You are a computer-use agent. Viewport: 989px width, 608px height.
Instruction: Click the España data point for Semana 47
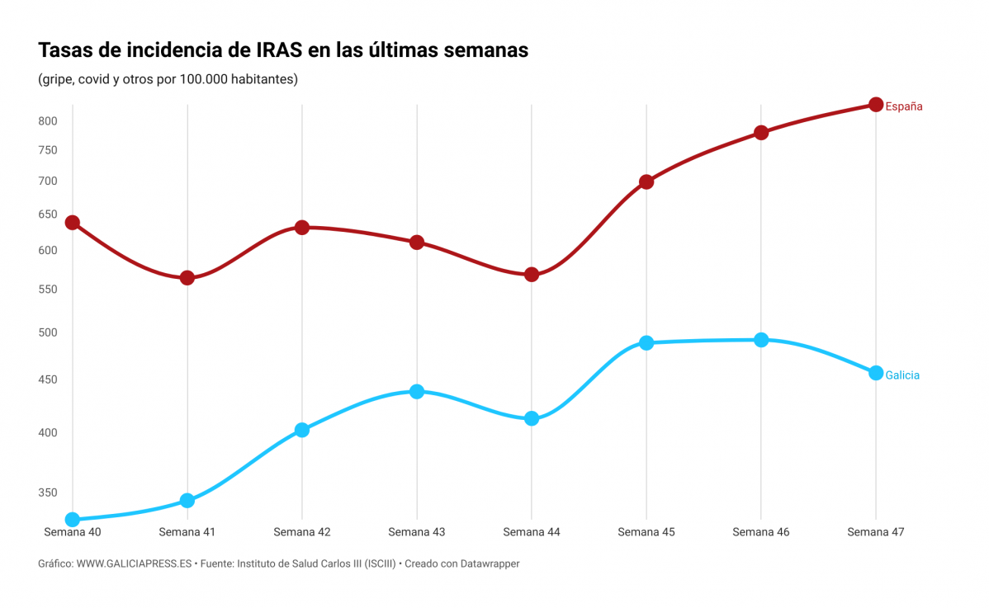pos(876,105)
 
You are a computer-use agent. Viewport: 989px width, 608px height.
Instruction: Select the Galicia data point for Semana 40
pos(73,520)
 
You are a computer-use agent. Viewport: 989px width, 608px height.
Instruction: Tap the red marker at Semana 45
pos(646,182)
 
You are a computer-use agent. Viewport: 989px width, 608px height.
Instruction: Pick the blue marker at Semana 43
pos(417,391)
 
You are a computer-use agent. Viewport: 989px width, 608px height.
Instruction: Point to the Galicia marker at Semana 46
pos(761,340)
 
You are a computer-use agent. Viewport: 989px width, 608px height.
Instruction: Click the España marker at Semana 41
pos(187,278)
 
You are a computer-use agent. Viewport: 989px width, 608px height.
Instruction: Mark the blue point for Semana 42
pos(302,430)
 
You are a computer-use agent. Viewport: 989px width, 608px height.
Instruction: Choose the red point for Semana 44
pos(532,275)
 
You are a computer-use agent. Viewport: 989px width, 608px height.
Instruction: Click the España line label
pos(904,106)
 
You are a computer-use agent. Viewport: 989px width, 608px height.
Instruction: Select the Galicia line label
pos(902,375)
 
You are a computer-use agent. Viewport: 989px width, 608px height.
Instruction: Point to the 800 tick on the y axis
pos(47,121)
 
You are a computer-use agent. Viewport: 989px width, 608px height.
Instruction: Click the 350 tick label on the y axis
pos(47,493)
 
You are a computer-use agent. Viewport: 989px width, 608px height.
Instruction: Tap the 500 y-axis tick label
pos(47,332)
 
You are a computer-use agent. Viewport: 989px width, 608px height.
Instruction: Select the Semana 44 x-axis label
pos(532,532)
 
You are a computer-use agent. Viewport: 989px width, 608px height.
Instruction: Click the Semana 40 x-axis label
pos(73,532)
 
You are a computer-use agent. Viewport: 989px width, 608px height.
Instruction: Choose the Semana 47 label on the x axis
pos(876,532)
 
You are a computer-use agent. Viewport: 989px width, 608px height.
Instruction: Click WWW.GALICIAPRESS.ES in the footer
pos(135,563)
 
